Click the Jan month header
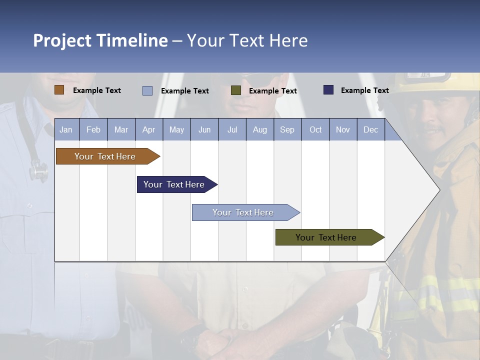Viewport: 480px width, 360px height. click(x=66, y=130)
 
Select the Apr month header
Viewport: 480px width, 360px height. click(x=148, y=130)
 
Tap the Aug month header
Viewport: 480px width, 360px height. click(x=259, y=130)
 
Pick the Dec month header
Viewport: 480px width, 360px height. click(x=370, y=130)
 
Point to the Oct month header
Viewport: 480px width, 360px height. click(x=315, y=130)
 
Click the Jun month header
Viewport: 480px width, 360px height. click(x=204, y=130)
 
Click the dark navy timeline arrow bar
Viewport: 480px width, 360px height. click(x=175, y=184)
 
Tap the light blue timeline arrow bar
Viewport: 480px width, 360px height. click(x=244, y=212)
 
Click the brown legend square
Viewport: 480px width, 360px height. click(x=59, y=90)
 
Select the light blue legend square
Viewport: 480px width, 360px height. click(x=147, y=90)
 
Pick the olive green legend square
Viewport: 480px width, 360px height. click(x=235, y=90)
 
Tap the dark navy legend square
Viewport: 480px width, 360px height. click(x=328, y=90)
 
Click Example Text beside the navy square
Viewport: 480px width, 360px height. click(x=364, y=90)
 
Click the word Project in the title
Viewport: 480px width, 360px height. click(x=62, y=40)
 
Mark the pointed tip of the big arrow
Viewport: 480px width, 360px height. click(x=439, y=189)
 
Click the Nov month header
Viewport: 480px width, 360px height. click(x=343, y=130)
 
